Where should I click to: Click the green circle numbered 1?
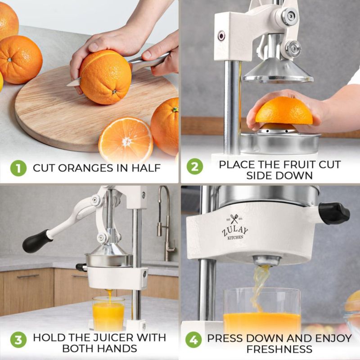(18, 168)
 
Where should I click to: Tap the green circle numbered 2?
(195, 166)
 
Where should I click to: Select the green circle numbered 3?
(18, 340)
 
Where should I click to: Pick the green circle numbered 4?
(193, 340)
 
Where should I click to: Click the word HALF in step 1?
(146, 168)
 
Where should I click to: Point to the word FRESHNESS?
(279, 349)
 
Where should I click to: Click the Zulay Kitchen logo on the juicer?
(235, 227)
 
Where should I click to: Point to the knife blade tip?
(67, 85)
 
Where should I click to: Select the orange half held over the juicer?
(284, 110)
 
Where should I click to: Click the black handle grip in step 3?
(35, 241)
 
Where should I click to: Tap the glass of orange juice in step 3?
(108, 313)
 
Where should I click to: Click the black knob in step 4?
(334, 213)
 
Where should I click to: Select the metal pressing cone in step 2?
(278, 70)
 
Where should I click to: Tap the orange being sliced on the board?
(105, 77)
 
